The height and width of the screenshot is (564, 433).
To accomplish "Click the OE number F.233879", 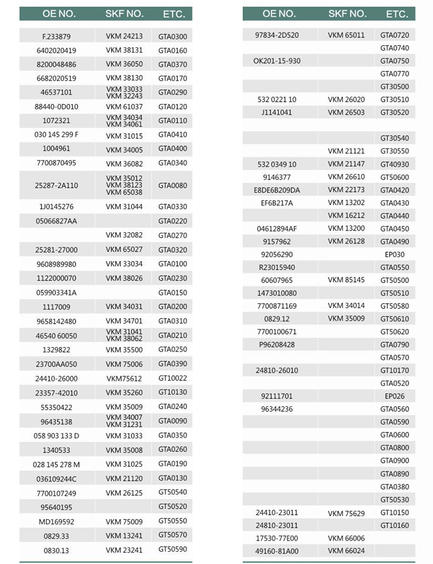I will (x=57, y=37).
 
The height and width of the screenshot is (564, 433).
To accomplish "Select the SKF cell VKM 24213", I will (x=124, y=37).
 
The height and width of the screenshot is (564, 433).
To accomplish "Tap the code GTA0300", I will (x=173, y=37).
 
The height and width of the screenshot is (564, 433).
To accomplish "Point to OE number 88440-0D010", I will (x=57, y=107).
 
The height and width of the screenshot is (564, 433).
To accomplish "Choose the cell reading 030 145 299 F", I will (x=57, y=135).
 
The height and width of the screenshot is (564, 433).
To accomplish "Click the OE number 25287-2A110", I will (x=57, y=185).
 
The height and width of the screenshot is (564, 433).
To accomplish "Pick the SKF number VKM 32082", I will (x=124, y=235).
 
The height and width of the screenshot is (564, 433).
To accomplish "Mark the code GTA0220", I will (x=173, y=221).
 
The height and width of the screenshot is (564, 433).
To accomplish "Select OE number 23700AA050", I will (x=57, y=364).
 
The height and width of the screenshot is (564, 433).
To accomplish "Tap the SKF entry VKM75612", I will (x=124, y=378).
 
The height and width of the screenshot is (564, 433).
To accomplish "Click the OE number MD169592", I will (x=57, y=522).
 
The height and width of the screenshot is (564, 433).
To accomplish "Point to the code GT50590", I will (x=173, y=550).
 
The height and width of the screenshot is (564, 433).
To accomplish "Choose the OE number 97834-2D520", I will (x=277, y=35).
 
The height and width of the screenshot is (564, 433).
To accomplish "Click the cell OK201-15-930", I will (x=277, y=61).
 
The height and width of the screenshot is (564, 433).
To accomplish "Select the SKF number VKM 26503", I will (x=346, y=113).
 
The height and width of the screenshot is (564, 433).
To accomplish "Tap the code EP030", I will (x=395, y=254).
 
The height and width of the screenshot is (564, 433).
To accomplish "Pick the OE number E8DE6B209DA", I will (x=277, y=190).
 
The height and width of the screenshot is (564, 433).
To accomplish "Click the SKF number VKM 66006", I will (x=346, y=538).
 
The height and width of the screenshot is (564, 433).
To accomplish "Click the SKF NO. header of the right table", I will (x=346, y=14).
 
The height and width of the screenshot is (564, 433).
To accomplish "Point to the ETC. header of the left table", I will (x=174, y=14).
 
